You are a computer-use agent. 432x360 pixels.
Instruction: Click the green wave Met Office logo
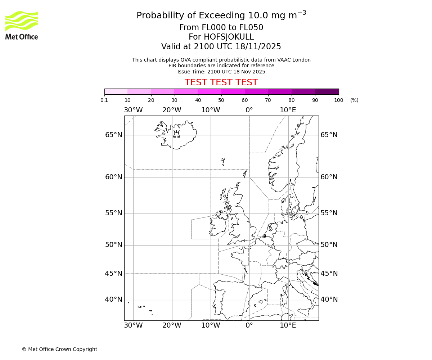(22, 21)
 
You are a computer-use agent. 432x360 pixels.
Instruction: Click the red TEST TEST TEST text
(221, 82)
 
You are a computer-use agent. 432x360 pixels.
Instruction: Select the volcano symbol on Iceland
(176, 134)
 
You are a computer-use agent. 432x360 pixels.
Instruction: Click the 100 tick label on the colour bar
(338, 100)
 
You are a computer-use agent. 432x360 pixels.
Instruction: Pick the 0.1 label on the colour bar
(104, 100)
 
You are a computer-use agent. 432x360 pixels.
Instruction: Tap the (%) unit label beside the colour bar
(354, 100)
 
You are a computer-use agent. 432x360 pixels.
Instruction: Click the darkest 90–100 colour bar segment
(327, 91)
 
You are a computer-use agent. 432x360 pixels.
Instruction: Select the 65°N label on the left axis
(113, 135)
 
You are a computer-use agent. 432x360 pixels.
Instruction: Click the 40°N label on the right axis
(329, 300)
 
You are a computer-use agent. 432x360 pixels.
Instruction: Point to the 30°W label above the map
(133, 110)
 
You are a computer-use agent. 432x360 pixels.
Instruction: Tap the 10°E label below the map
(288, 325)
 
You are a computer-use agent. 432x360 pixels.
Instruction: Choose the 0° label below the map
(249, 325)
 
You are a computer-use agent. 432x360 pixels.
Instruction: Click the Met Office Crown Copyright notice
(59, 349)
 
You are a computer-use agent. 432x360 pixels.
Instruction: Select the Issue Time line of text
(221, 72)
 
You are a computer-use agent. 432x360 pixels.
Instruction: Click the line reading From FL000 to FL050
(221, 28)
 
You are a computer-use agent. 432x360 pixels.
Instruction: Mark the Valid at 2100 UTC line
(221, 46)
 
